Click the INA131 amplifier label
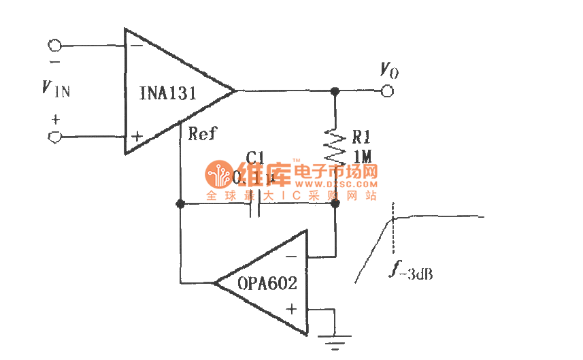168,93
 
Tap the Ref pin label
202,134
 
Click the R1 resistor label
361,135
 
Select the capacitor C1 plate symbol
255,203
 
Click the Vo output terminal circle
388,91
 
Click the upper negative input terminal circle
55,46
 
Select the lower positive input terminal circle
55,137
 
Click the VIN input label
55,88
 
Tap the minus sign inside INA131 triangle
135,46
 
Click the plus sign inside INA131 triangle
136,137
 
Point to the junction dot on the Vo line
335,91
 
